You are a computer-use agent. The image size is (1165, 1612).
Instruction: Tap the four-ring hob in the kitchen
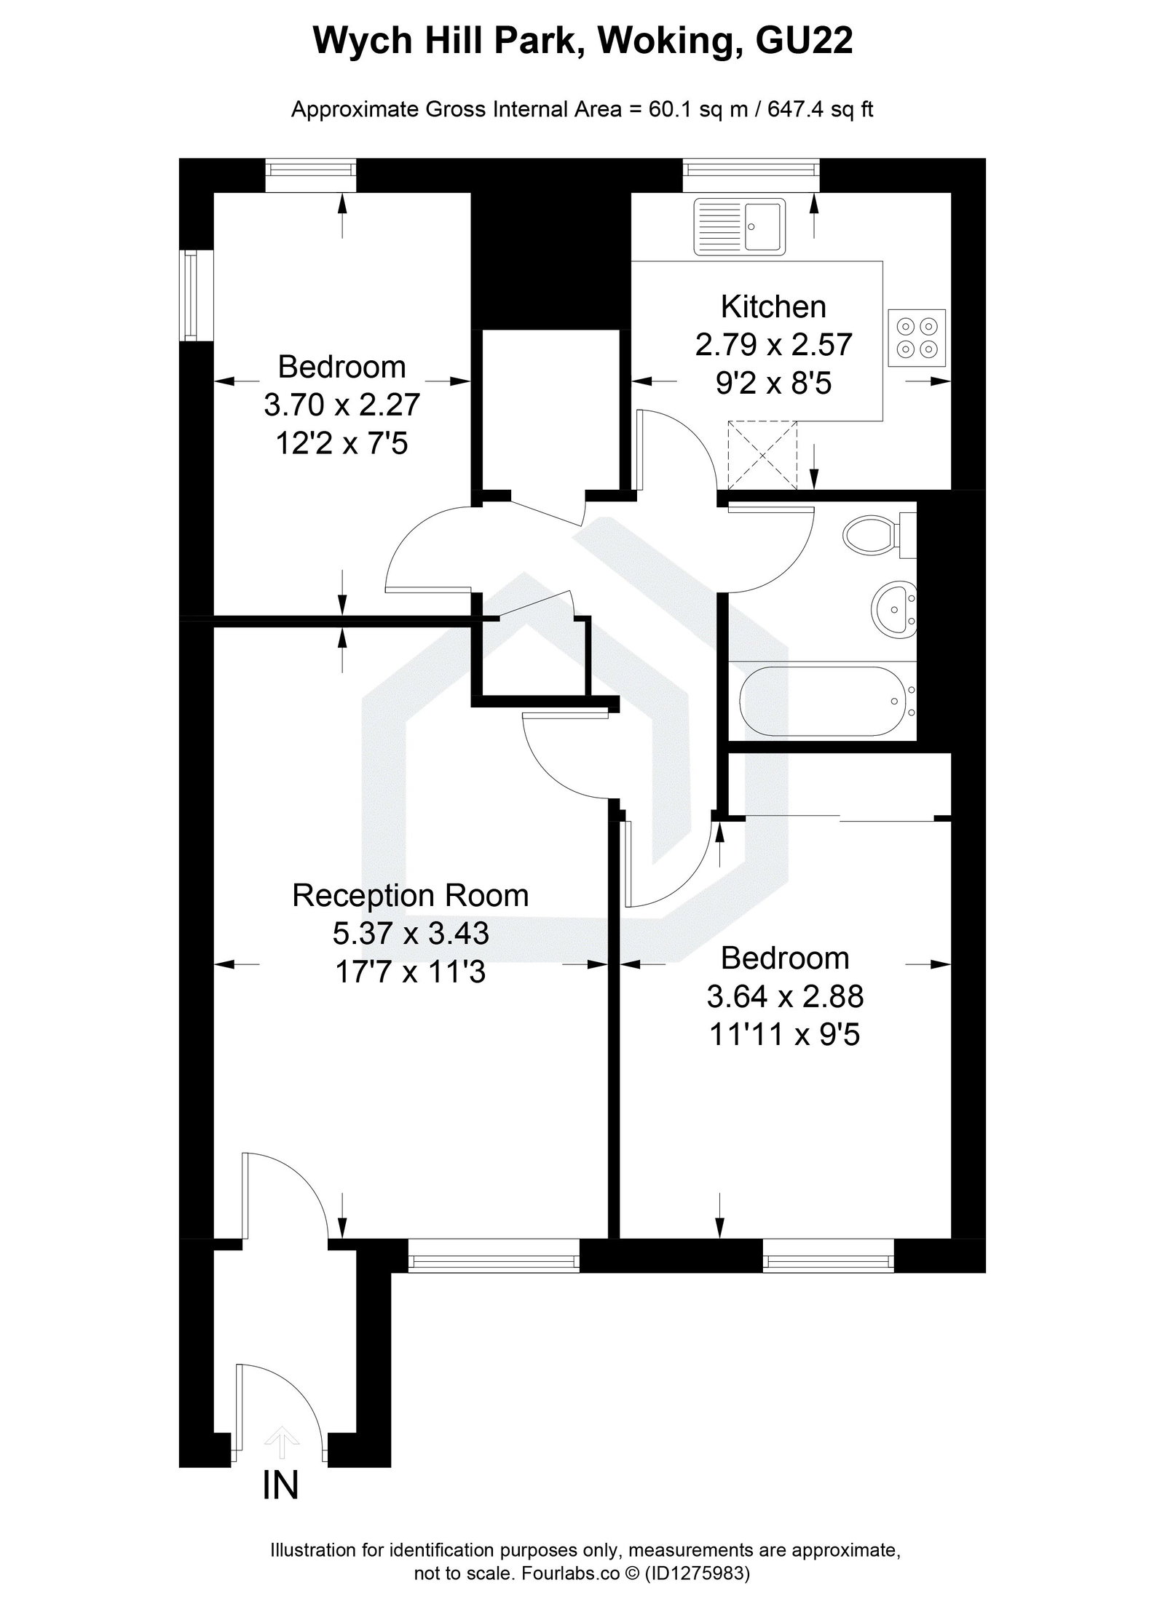[x=917, y=337]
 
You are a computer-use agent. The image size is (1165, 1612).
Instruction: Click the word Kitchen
[x=773, y=306]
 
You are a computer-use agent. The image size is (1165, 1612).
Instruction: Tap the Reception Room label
[x=410, y=895]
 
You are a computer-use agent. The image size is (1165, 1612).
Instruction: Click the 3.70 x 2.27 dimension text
[x=341, y=405]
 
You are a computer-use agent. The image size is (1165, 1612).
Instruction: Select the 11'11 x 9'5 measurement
[x=785, y=1034]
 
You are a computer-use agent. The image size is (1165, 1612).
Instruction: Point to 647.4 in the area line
[x=792, y=110]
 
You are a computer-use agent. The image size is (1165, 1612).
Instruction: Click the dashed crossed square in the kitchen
[x=762, y=455]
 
